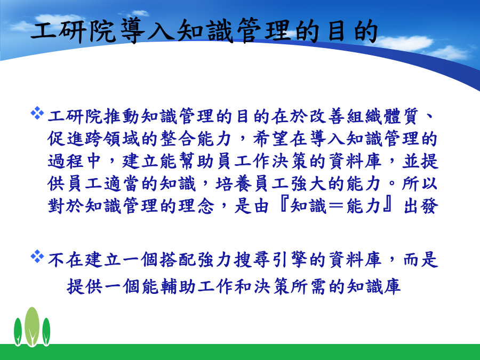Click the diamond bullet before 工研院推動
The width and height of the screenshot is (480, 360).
[x=37, y=113]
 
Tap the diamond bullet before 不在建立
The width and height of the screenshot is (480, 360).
[x=37, y=257]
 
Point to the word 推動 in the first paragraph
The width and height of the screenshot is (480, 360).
[x=122, y=116]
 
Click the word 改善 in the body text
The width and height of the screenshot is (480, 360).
[x=327, y=116]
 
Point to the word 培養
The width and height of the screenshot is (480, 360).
[x=234, y=183]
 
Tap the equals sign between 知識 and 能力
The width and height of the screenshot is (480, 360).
[x=336, y=206]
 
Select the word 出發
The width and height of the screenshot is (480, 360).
[x=420, y=206]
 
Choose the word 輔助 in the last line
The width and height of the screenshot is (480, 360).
[x=169, y=286]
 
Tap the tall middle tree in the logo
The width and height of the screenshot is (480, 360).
[x=32, y=326]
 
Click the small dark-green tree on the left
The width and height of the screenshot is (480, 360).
[x=18, y=332]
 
